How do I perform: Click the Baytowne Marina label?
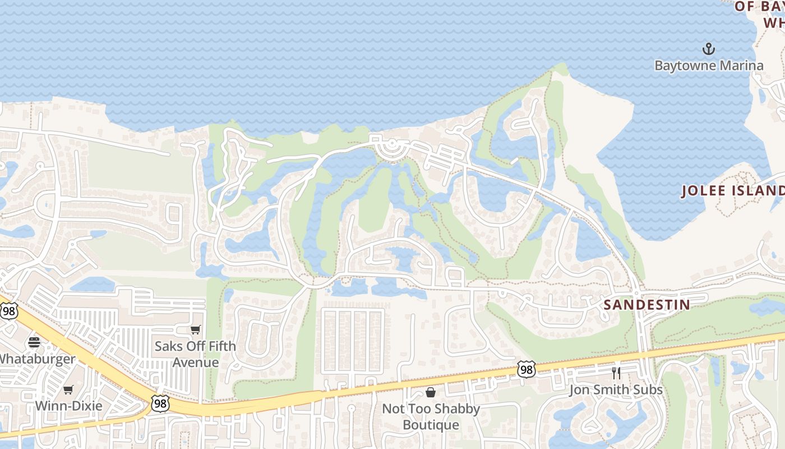pos(709,66)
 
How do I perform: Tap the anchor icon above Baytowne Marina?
pos(709,49)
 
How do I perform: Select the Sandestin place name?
pos(647,305)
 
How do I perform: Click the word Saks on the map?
pos(168,346)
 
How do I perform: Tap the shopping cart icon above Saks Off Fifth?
pos(195,330)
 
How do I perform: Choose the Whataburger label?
pos(37,359)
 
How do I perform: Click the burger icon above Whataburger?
pos(34,342)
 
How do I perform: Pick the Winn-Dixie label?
pos(68,406)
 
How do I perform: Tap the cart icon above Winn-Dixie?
pos(68,390)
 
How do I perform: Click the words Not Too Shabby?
pos(431,409)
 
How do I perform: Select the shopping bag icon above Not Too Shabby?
pos(430,392)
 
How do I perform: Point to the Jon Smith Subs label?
pos(616,390)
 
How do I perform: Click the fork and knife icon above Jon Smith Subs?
pos(616,373)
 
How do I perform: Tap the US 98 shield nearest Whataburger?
pos(9,311)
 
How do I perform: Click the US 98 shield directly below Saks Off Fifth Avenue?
pos(160,403)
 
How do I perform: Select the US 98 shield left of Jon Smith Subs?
pos(526,369)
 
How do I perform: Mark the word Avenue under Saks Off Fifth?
pos(195,363)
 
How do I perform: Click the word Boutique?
pos(431,425)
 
